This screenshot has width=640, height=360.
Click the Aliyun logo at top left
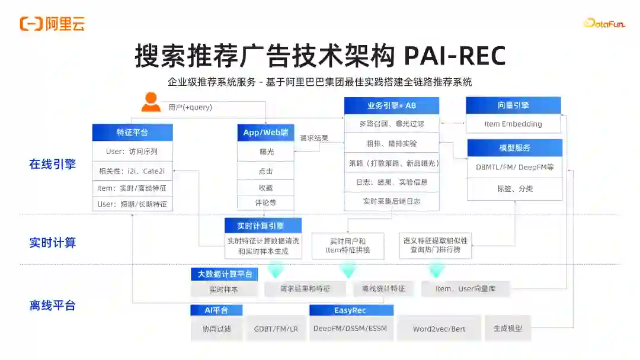pyautogui.click(x=52, y=24)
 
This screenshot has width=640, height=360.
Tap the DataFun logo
pyautogui.click(x=603, y=24)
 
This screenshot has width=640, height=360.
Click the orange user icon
pyautogui.click(x=151, y=102)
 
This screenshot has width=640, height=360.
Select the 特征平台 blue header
pyautogui.click(x=132, y=132)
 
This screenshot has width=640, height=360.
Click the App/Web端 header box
pyautogui.click(x=265, y=132)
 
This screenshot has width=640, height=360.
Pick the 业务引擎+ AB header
pyautogui.click(x=392, y=106)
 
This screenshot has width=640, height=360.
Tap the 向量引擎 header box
pyautogui.click(x=513, y=105)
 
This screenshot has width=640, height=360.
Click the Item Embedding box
pyautogui.click(x=513, y=124)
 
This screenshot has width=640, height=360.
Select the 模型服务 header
pyautogui.click(x=514, y=147)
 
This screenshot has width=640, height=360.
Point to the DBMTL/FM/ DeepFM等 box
pyautogui.click(x=514, y=167)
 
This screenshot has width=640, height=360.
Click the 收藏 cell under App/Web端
pyautogui.click(x=265, y=187)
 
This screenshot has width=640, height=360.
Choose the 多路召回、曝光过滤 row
pyautogui.click(x=392, y=124)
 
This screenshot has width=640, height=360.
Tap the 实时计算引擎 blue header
pyautogui.click(x=263, y=226)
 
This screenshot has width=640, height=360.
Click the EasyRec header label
pyautogui.click(x=351, y=310)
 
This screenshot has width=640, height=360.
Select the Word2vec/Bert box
pyautogui.click(x=439, y=329)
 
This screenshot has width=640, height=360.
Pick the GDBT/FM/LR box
pyautogui.click(x=276, y=329)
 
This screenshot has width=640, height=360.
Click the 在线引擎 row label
pyautogui.click(x=53, y=165)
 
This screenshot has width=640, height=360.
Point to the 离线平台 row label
pyautogui.click(x=53, y=306)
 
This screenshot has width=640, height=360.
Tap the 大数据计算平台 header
pyautogui.click(x=225, y=274)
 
